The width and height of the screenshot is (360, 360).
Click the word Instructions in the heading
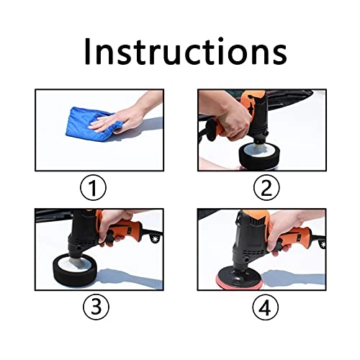(x=186, y=51)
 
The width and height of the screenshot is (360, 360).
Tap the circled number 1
(x=93, y=188)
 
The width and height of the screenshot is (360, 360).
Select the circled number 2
(x=266, y=188)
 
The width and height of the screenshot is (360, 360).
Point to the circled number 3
(x=96, y=307)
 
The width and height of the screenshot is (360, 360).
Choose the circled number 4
(x=266, y=307)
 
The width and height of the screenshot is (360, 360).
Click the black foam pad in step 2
(x=258, y=156)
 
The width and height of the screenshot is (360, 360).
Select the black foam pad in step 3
(x=75, y=270)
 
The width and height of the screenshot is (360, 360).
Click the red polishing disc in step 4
(x=240, y=283)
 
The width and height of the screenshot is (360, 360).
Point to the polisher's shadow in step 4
(x=294, y=279)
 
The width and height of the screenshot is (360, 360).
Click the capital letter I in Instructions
(x=87, y=51)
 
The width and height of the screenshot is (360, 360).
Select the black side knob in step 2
(x=211, y=130)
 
